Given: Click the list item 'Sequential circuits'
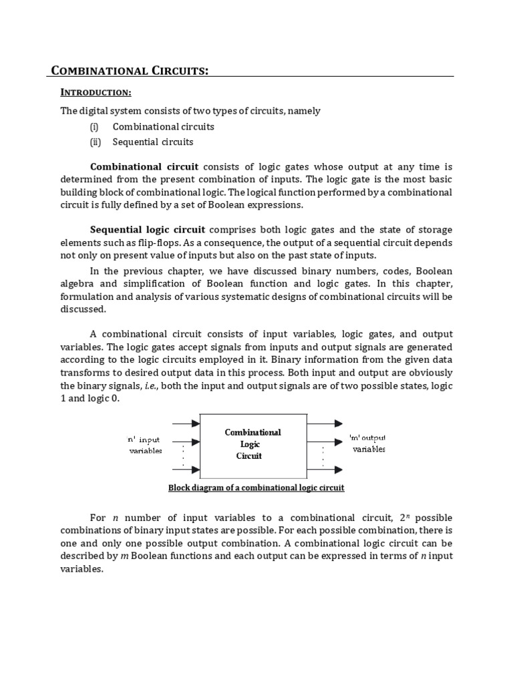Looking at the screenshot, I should coord(153,142).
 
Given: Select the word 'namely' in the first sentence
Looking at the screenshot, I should coord(305,111).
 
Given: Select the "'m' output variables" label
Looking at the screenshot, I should coord(368,444).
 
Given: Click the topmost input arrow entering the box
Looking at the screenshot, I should coord(186,423).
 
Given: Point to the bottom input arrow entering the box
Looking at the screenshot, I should coord(186,470).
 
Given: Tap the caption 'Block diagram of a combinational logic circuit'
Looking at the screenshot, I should coord(256,488).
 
